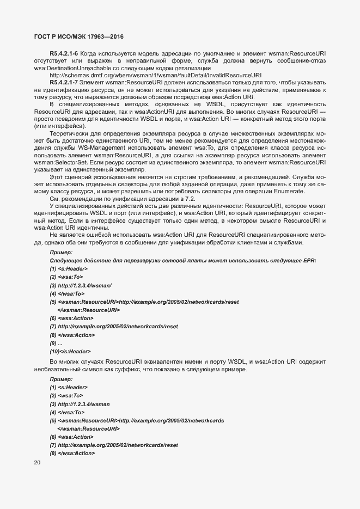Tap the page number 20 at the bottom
click(x=38, y=463)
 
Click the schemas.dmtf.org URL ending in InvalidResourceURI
click(x=155, y=75)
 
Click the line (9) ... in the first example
click(x=56, y=343)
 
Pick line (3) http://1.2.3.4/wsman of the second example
click(x=80, y=404)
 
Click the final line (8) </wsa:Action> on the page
click(x=72, y=453)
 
